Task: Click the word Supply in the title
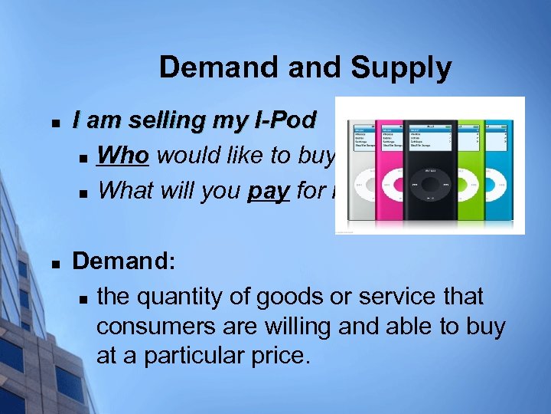click(x=401, y=69)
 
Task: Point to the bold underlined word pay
click(x=268, y=189)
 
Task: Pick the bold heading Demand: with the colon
click(x=124, y=262)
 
